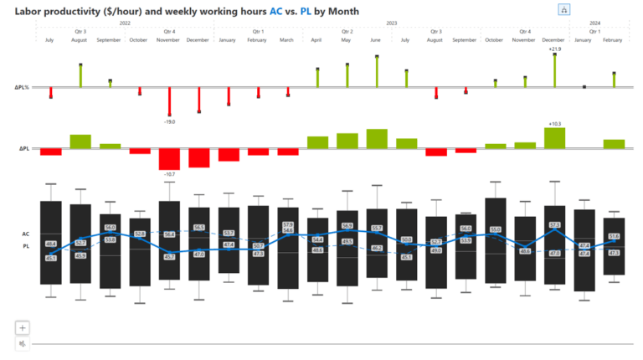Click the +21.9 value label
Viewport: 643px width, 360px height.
554,49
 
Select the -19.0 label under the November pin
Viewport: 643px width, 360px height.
169,122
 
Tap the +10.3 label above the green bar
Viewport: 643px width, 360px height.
554,123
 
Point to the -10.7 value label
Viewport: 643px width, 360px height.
169,174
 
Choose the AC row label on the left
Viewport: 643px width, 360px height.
26,234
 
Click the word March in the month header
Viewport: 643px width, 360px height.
287,39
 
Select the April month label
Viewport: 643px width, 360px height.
316,39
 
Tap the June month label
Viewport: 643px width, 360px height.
376,39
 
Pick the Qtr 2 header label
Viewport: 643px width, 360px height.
347,31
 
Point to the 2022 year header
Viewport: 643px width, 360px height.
125,23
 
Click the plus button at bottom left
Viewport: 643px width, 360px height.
23,328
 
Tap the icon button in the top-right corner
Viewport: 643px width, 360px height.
564,10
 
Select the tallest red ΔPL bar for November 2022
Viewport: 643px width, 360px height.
169,159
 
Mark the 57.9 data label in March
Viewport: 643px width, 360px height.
288,225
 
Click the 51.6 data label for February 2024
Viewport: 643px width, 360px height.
614,236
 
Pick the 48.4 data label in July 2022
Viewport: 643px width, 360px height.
50,244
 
